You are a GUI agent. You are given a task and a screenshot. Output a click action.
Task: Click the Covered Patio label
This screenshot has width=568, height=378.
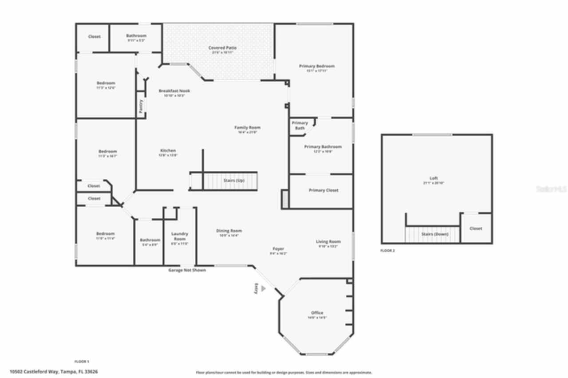pyautogui.click(x=222, y=48)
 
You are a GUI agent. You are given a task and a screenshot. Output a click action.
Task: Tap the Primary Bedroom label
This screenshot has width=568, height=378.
pyautogui.click(x=316, y=66)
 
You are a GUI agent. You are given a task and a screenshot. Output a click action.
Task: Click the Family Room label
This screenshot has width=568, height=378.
pyautogui.click(x=247, y=128)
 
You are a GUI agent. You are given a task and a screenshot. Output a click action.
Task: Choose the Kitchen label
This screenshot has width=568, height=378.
pyautogui.click(x=168, y=151)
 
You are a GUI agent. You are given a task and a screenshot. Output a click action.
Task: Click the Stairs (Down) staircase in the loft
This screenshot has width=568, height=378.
pyautogui.click(x=432, y=234)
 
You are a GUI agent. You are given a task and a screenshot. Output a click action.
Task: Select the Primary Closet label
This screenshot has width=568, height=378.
pyautogui.click(x=323, y=190)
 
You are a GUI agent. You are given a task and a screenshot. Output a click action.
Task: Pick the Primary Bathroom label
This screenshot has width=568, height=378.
pyautogui.click(x=323, y=147)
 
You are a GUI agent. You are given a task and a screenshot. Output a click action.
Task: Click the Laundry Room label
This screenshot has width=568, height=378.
pyautogui.click(x=180, y=236)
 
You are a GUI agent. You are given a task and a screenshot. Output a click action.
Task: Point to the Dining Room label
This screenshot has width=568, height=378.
pyautogui.click(x=229, y=231)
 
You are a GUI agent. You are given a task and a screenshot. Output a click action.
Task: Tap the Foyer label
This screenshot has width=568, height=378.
pyautogui.click(x=278, y=249)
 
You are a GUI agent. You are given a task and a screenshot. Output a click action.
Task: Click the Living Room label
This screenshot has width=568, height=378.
pyautogui.click(x=328, y=242)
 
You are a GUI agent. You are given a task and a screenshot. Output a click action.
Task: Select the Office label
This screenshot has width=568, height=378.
pyautogui.click(x=317, y=313)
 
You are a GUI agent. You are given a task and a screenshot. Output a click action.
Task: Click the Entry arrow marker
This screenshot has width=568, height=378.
pyautogui.click(x=263, y=288)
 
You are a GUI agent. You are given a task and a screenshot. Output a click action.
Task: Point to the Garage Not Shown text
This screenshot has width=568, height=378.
pyautogui.click(x=187, y=270)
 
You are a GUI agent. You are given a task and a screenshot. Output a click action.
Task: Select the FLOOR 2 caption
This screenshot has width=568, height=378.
pyautogui.click(x=387, y=251)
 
